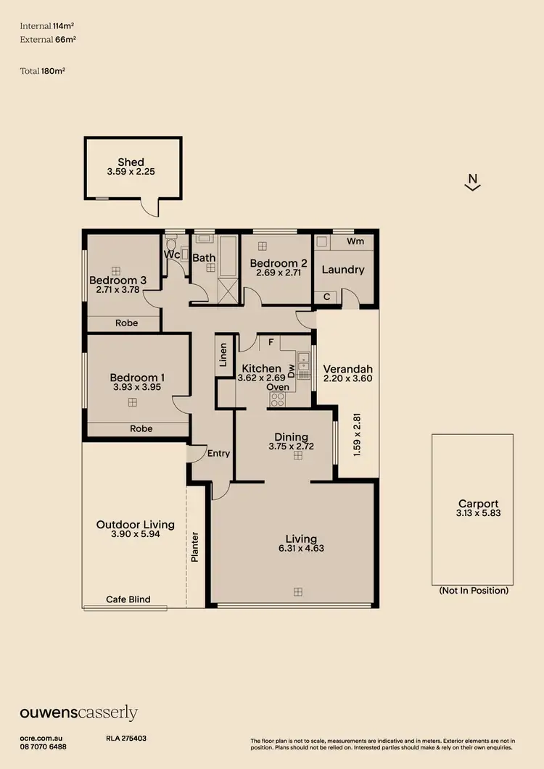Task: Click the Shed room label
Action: [131, 162]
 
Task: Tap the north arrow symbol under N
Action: [472, 188]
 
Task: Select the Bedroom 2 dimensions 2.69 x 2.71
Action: [274, 274]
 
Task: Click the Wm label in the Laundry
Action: [355, 241]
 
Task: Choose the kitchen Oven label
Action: [279, 387]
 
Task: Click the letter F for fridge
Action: [270, 341]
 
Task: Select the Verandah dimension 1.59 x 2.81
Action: [355, 434]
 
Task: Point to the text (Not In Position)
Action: [474, 591]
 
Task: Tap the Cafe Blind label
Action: [128, 599]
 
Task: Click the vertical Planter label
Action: [194, 547]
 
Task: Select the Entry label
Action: [218, 454]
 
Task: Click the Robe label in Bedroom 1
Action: [141, 428]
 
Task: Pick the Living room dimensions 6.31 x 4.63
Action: [300, 549]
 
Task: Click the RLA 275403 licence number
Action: [126, 738]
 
